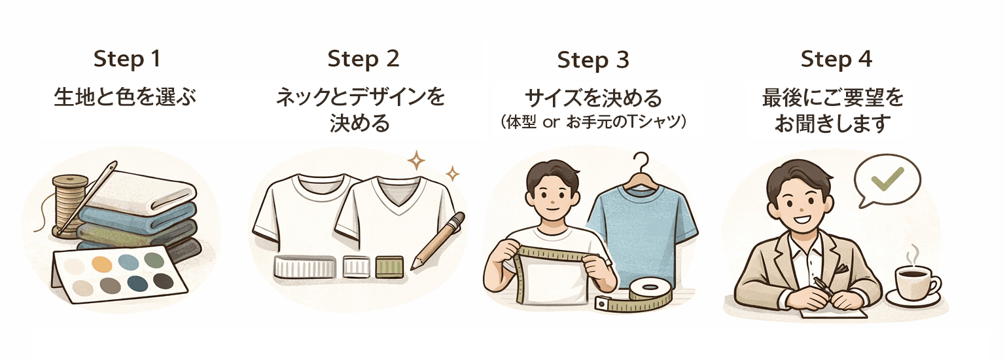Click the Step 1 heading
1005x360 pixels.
[127, 59]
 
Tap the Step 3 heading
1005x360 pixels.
[593, 60]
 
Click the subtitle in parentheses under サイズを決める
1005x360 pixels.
[593, 123]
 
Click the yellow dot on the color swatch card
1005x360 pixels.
[101, 264]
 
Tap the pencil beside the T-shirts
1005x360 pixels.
[437, 241]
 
